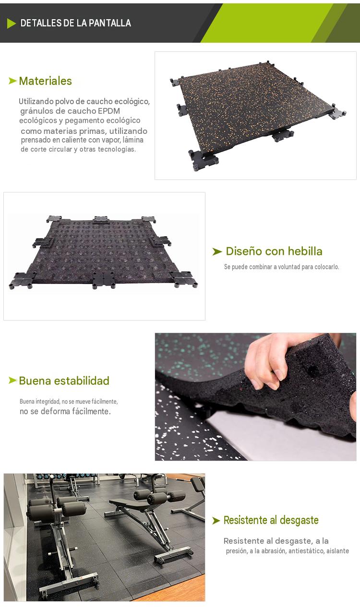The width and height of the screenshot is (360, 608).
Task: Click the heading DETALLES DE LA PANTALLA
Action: point(76,23)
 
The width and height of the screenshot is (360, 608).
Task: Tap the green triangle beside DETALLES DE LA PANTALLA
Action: point(12,24)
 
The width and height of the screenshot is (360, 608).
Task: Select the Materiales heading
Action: point(45,81)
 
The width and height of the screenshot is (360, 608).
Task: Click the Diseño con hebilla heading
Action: point(274,251)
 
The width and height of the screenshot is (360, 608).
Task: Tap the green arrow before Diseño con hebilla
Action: point(217,251)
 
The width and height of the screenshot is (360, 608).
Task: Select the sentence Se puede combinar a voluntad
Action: point(282,267)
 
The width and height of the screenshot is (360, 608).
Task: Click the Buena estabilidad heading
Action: point(64,381)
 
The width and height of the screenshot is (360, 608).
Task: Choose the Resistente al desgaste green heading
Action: point(271,521)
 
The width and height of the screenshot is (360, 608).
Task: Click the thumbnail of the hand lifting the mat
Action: point(255,397)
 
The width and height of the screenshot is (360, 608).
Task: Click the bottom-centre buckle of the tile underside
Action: point(104,280)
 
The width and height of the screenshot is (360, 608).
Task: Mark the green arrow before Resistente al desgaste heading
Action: point(216,521)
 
